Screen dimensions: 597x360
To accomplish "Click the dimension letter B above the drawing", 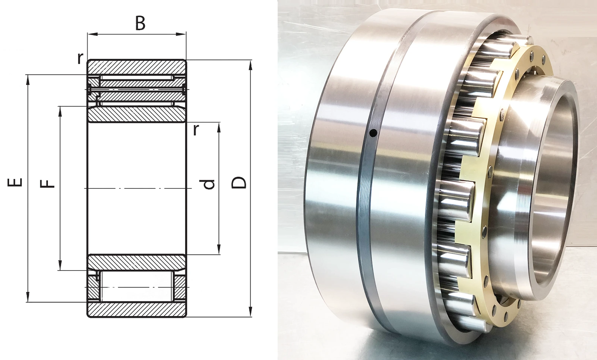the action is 140,24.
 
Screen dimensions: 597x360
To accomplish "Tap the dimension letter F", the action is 47,184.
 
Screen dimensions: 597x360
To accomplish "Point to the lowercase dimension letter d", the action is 207,184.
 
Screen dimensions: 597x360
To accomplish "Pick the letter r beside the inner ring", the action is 196,129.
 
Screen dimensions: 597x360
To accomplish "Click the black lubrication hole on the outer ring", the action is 373,132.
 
